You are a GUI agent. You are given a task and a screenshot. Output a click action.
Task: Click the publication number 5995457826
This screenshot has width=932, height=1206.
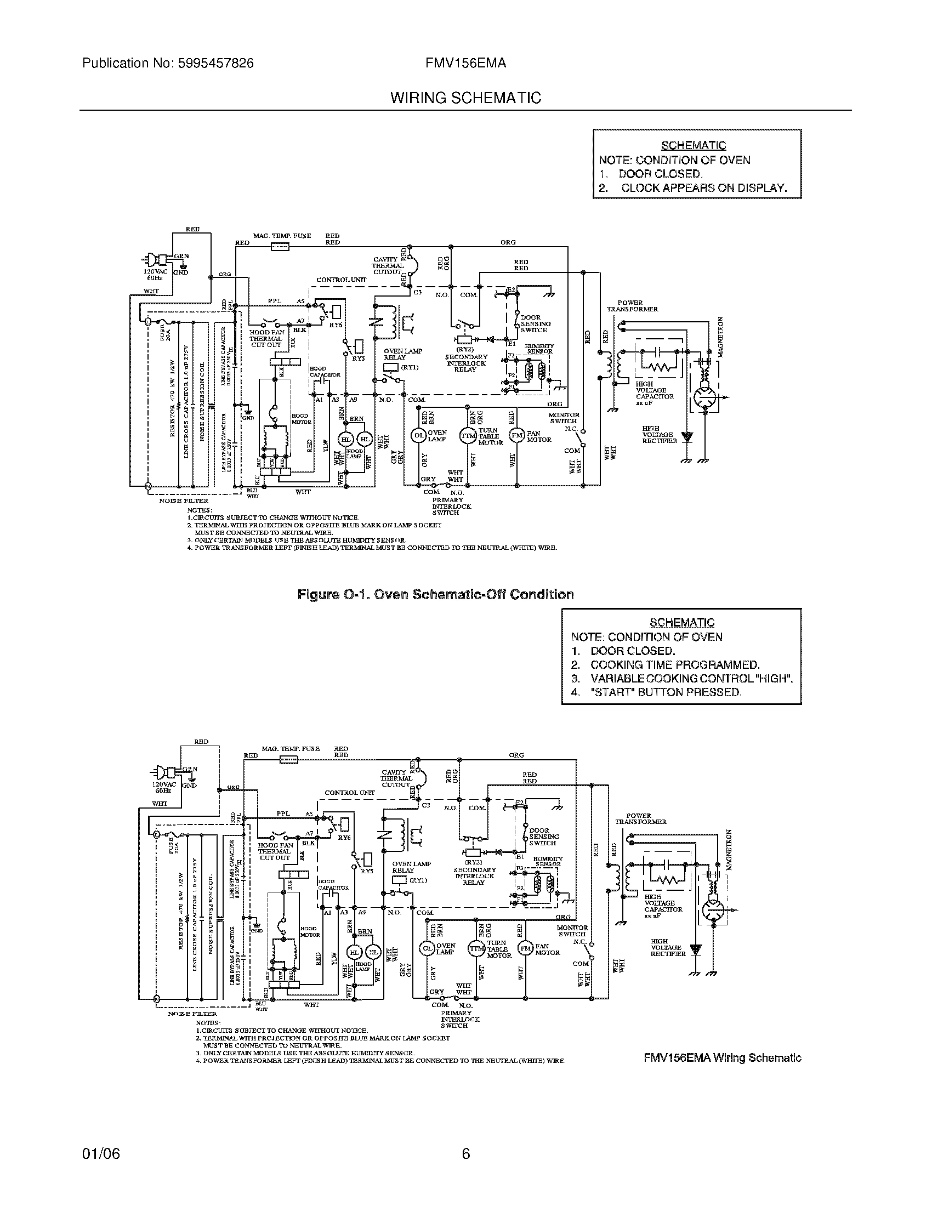coord(216,63)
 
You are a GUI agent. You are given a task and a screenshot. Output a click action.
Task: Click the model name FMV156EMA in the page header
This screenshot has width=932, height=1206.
coord(465,63)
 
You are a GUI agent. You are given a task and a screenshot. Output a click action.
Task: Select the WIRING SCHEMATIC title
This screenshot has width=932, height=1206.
coord(465,98)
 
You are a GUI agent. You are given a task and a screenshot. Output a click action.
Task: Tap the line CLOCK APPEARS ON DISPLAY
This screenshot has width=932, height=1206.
coord(703,187)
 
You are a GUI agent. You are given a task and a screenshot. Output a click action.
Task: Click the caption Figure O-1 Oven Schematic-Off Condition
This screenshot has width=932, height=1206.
coord(435,594)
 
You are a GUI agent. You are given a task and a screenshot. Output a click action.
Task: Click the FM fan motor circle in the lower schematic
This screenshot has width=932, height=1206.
coord(525,949)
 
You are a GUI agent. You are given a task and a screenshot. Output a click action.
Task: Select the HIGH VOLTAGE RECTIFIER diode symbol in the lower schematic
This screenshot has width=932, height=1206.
coord(696,951)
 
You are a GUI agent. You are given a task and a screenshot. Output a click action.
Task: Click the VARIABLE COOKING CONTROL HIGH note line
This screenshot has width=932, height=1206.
coord(691,679)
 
